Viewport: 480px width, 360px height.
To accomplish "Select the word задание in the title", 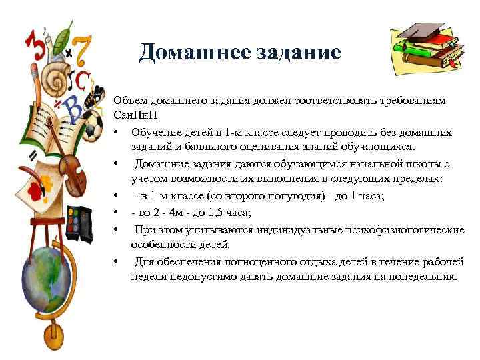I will (x=297, y=52).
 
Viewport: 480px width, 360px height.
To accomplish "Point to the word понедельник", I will (x=423, y=276).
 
